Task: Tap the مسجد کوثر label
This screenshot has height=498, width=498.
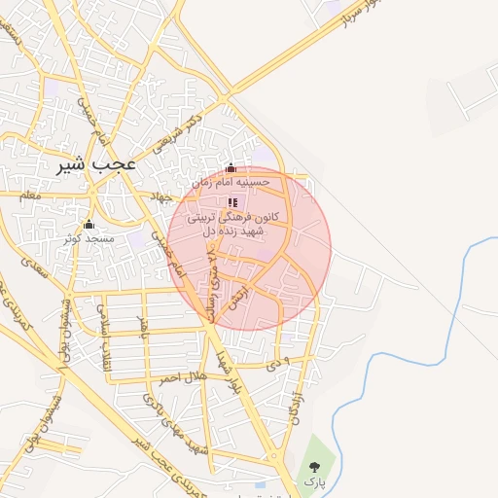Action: (x=89, y=237)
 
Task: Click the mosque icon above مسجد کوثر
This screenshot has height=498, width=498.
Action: (x=89, y=225)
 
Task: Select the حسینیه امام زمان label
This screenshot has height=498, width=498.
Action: (x=231, y=182)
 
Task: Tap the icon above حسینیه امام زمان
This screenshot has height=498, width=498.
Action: (x=231, y=168)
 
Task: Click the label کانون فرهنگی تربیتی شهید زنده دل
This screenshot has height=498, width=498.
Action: (x=232, y=224)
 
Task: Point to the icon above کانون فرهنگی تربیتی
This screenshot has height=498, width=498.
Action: (x=232, y=202)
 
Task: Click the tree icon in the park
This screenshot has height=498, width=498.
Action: (x=313, y=463)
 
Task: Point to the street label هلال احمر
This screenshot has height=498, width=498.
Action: (x=183, y=376)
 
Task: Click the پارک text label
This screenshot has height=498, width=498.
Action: (x=312, y=480)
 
